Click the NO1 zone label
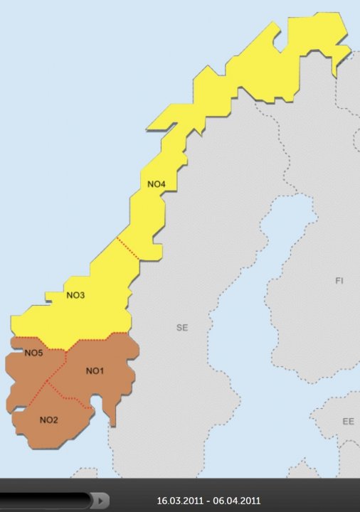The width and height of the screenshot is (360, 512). pyautogui.click(x=95, y=371)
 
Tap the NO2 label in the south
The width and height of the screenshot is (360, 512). pyautogui.click(x=48, y=420)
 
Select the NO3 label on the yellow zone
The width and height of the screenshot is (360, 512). pyautogui.click(x=75, y=296)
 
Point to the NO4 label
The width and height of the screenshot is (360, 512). pyautogui.click(x=157, y=185)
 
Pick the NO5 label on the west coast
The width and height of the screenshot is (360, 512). pyautogui.click(x=34, y=353)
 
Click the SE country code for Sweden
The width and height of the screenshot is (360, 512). pyautogui.click(x=182, y=328)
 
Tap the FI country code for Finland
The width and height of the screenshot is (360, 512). pyautogui.click(x=339, y=282)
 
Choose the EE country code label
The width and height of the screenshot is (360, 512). pyautogui.click(x=348, y=422)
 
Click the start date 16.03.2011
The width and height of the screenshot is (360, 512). pyautogui.click(x=181, y=501)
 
